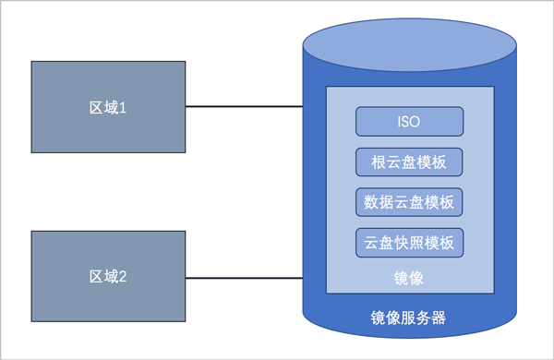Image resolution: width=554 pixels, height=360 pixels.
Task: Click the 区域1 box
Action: coord(108,107)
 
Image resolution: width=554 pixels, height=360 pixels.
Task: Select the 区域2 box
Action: coord(108,276)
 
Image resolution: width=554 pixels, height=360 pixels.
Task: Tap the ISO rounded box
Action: coord(409,122)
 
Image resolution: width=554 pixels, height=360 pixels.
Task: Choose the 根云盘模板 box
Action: coord(409,162)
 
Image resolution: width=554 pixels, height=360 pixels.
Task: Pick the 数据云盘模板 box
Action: coord(409,202)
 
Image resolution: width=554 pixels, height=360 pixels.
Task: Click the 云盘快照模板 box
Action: coord(409,243)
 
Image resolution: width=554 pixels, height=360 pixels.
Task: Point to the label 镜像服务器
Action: coord(408,318)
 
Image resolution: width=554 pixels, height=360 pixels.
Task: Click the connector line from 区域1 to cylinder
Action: coord(244,106)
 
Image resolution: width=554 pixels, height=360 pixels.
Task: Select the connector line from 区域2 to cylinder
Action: coord(244,278)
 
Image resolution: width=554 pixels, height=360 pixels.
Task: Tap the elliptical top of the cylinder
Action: coord(410,45)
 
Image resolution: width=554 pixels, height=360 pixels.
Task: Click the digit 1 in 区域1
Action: coord(123,108)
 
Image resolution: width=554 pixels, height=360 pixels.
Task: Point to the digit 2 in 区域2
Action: coord(123,277)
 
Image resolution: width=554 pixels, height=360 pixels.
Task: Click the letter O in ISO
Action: coord(415,122)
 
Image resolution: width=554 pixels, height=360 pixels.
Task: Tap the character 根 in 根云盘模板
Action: coord(379,162)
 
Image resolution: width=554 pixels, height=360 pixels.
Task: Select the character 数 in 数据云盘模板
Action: coord(371,202)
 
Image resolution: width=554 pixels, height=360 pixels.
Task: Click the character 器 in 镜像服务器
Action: coord(439,318)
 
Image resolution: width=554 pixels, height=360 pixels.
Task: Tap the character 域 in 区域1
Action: coord(112,108)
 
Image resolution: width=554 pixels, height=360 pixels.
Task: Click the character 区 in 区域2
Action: coord(96,277)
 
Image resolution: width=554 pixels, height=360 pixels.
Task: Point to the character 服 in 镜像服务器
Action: coord(408,318)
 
